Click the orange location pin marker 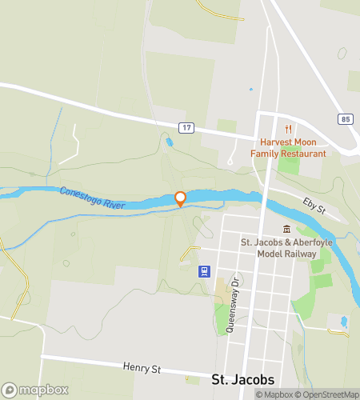pos(181,199)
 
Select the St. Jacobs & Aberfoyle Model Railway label pos(279,247)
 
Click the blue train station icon pos(206,270)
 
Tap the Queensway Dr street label pos(234,305)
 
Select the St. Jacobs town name pos(243,379)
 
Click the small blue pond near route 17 pos(168,142)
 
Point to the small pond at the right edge pos(344,322)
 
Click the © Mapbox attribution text pos(274,394)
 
